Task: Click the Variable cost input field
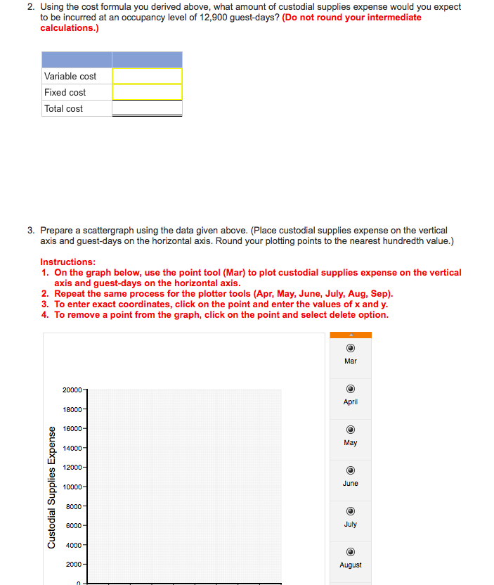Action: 147,76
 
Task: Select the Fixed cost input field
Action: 147,92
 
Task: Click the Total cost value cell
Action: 147,108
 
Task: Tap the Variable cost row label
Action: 70,76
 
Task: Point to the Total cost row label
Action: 63,108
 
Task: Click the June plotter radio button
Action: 350,472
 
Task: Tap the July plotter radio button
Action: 350,513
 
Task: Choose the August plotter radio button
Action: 350,553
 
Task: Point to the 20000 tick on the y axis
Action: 72,390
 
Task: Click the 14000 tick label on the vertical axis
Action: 72,448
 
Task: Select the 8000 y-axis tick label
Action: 74,506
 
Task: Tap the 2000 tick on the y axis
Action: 74,565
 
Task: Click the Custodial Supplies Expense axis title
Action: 51,488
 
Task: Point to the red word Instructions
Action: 68,262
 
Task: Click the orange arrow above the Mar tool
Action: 350,335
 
